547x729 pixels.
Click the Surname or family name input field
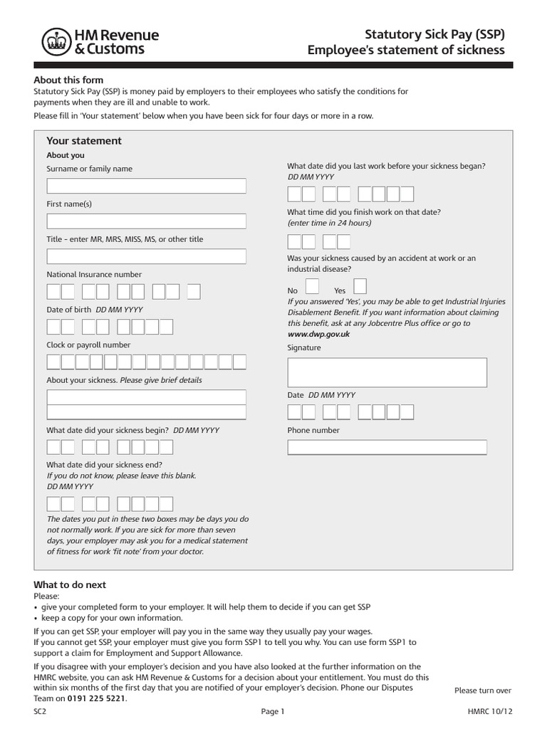tap(146, 186)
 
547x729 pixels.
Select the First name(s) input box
tap(146, 221)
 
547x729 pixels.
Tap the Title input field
tap(146, 256)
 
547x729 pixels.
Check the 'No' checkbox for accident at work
tap(312, 286)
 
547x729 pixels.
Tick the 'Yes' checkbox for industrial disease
tap(360, 286)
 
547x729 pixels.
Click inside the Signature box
tap(387, 372)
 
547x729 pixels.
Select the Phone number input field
tap(387, 447)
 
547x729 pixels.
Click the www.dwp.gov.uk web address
tap(318, 333)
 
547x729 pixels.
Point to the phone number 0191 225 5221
tap(96, 698)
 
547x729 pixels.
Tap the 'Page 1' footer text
tap(273, 711)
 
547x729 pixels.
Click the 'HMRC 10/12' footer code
tap(489, 711)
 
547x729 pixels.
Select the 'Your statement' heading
tap(84, 141)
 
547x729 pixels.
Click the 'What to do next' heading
tap(70, 584)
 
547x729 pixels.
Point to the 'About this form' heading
tap(68, 80)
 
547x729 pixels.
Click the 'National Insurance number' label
tap(94, 274)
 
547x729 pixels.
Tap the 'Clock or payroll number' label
tap(88, 345)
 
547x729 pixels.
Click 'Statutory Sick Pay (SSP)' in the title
tap(434, 34)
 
